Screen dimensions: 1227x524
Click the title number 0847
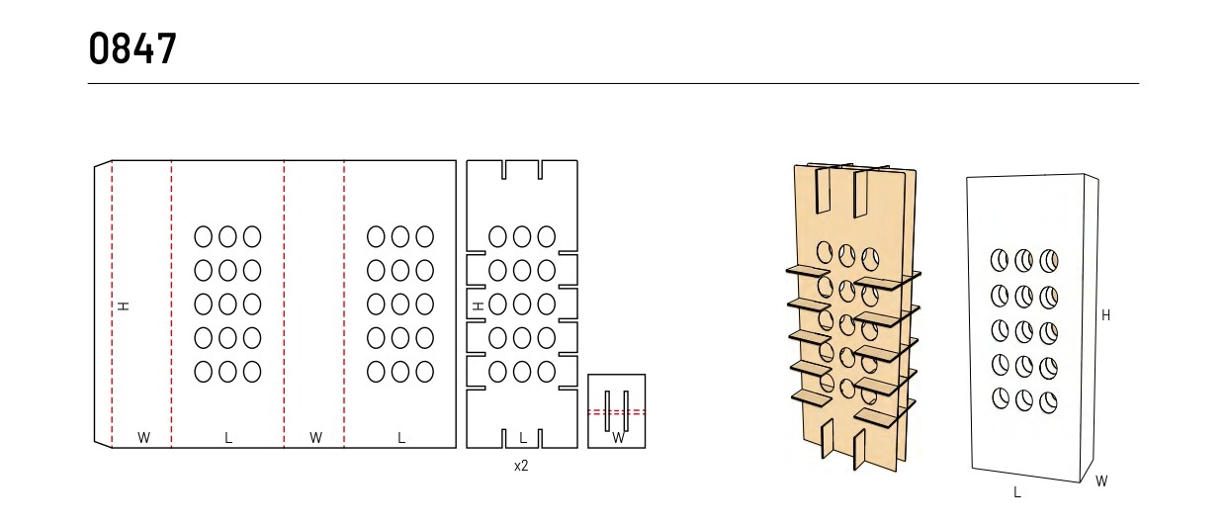pos(132,48)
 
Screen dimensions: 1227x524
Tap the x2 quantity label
pos(521,466)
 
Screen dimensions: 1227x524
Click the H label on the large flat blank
pos(124,306)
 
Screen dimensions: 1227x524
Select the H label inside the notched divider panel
pos(479,306)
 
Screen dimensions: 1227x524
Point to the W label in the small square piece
pos(618,438)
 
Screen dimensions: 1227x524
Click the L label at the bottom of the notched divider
pos(523,438)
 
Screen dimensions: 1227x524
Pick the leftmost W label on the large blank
pos(143,438)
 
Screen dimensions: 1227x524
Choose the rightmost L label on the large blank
pos(401,438)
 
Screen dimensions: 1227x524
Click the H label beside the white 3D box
pos(1105,315)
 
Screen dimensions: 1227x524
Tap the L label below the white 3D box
pos(1017,492)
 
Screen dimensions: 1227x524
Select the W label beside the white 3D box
pos(1101,481)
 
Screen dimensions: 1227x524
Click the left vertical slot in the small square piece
pos(607,411)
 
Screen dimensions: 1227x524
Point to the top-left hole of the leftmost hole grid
pos(204,237)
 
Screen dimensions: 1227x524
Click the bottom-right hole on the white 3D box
pos(1048,402)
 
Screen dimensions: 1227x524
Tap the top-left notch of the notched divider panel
pos(504,170)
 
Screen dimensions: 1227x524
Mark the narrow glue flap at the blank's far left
pos(103,305)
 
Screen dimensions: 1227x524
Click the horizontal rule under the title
pos(613,84)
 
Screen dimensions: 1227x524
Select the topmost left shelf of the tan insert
pos(808,271)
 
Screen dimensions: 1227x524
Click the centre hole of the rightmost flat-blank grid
pos(399,305)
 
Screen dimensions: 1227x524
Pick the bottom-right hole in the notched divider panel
pos(546,372)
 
